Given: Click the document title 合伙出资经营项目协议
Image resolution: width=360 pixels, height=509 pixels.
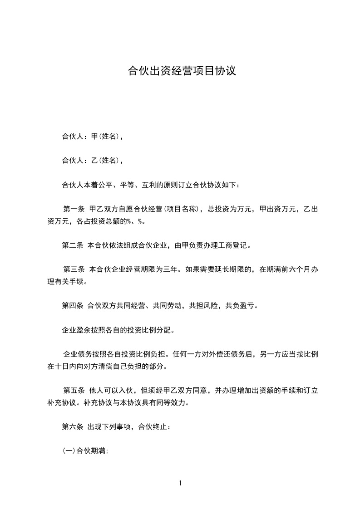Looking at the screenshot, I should pyautogui.click(x=182, y=71).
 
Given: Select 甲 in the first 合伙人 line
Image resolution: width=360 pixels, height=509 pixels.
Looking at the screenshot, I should pyautogui.click(x=94, y=136).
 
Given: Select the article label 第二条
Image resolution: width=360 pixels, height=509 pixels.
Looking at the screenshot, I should pyautogui.click(x=73, y=246).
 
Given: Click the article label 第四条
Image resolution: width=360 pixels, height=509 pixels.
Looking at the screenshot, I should pyautogui.click(x=73, y=306).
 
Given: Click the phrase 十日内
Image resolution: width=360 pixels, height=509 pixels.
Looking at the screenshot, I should pyautogui.click(x=67, y=366).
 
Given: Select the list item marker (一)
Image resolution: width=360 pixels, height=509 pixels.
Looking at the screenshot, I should pyautogui.click(x=68, y=451).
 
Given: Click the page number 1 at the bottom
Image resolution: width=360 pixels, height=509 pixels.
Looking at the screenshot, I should pyautogui.click(x=180, y=483).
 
